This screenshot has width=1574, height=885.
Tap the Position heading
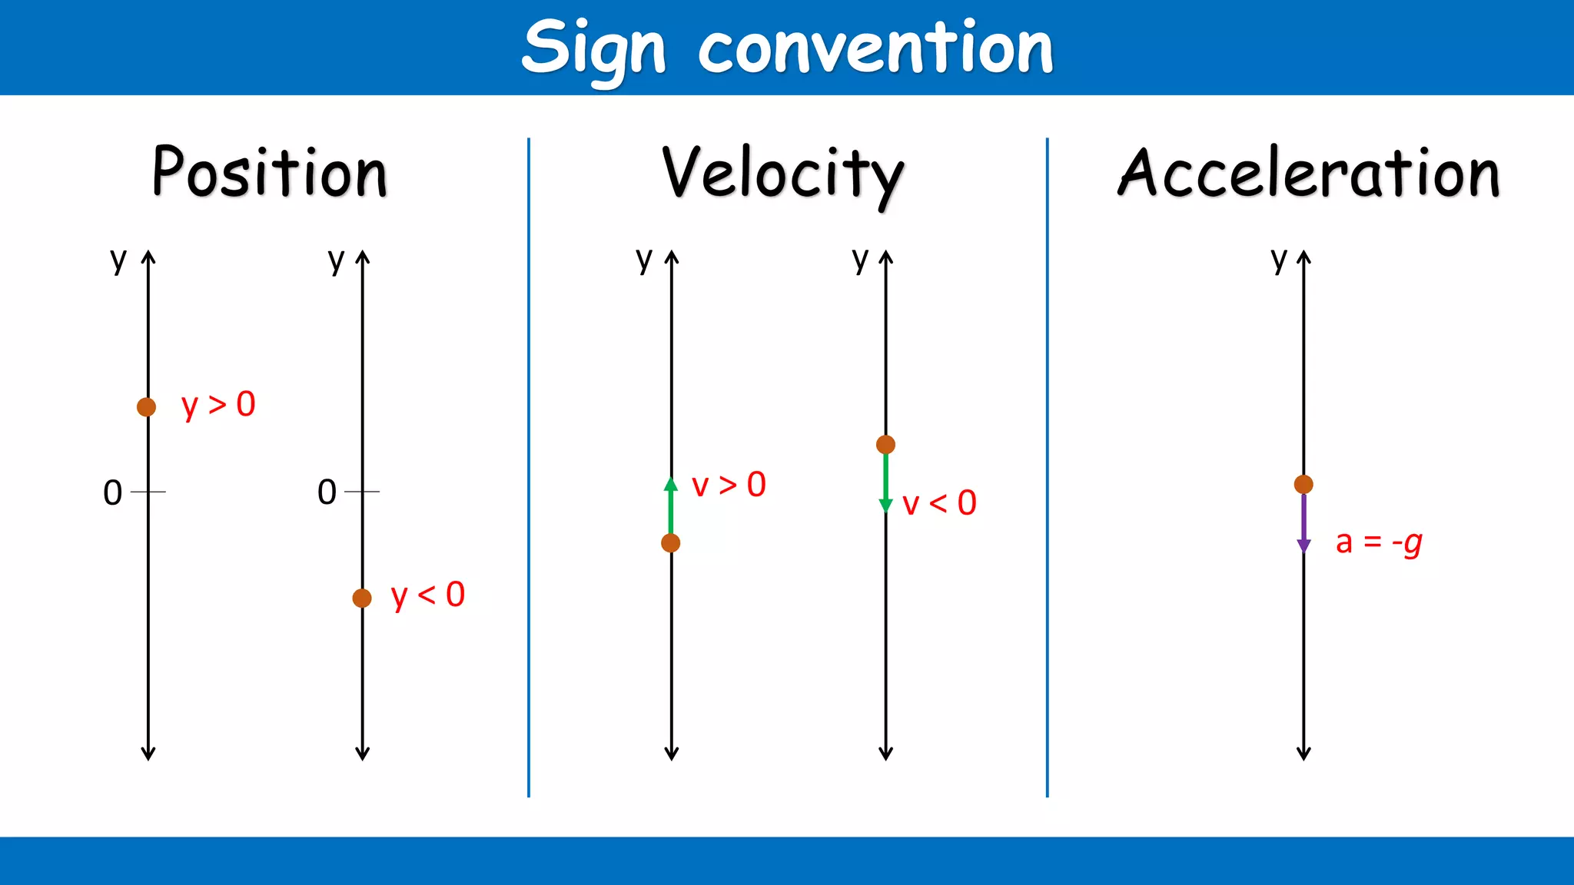point(270,172)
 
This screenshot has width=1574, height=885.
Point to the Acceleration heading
point(1308,172)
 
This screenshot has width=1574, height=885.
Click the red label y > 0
point(218,405)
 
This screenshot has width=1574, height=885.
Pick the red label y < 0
point(428,595)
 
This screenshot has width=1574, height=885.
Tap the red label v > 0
point(729,486)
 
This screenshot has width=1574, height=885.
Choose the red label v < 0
point(939,504)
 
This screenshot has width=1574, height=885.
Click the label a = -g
point(1379,542)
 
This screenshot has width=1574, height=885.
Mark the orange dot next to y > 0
point(146,407)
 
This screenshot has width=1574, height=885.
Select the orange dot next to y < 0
point(362,598)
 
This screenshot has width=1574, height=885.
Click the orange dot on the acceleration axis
point(1303,484)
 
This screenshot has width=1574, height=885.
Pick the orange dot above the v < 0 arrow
point(885,444)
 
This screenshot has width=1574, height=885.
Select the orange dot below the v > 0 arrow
point(671,543)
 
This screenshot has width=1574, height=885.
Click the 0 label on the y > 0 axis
point(113,492)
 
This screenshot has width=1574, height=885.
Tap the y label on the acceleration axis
point(1279,260)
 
